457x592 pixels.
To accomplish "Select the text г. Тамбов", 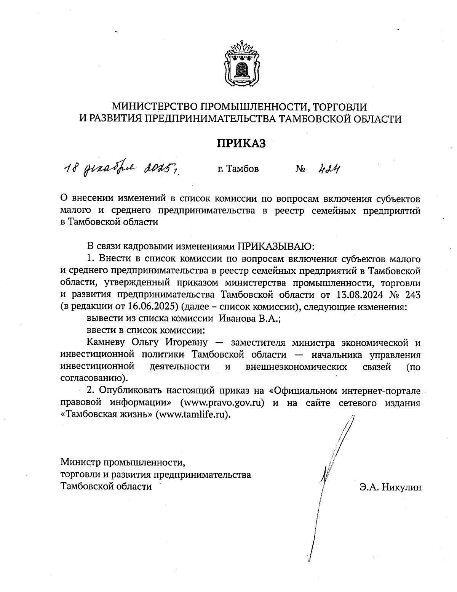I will (238, 168).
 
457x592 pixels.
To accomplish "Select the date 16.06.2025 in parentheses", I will (152, 307).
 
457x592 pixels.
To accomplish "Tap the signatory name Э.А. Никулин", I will (390, 487).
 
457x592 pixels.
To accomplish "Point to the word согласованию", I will (92, 379).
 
